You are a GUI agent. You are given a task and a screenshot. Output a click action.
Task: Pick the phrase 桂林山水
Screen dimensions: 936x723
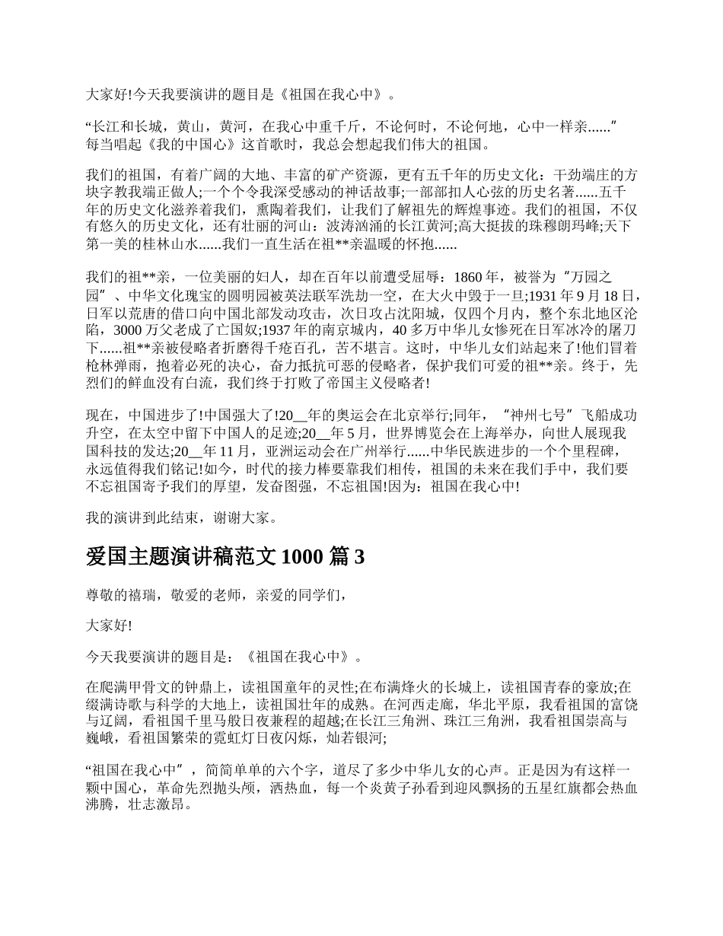169,244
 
